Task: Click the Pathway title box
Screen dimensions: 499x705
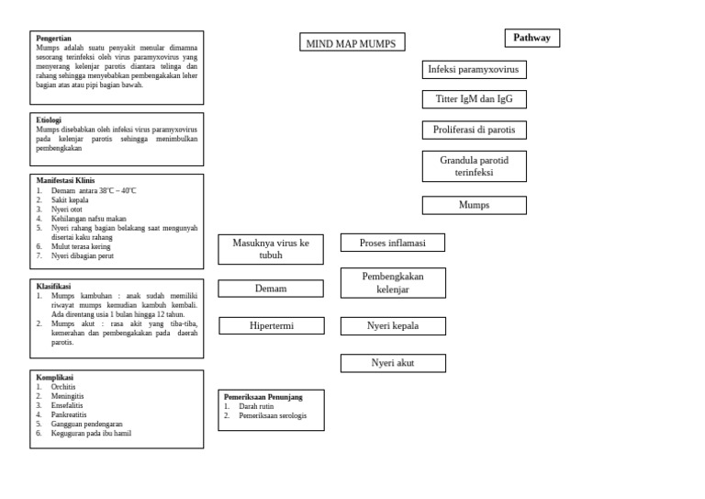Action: [532, 38]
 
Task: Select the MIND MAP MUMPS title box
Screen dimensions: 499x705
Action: [352, 42]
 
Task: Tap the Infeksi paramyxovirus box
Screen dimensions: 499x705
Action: [474, 70]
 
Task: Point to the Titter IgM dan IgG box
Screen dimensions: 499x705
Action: [474, 99]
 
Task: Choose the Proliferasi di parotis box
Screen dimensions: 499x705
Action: [474, 130]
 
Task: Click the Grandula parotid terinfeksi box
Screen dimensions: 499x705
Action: [474, 166]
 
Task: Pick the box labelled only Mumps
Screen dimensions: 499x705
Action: [474, 205]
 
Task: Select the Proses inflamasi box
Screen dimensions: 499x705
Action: [392, 243]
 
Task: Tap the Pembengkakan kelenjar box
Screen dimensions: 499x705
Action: [392, 283]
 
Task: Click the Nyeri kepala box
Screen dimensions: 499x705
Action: [392, 325]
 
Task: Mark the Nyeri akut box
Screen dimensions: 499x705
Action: [392, 363]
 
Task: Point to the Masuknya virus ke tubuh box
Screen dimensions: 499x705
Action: [271, 249]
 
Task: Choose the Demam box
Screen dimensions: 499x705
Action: [271, 289]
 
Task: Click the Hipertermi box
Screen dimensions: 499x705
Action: [271, 325]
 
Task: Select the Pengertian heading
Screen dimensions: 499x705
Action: [54, 39]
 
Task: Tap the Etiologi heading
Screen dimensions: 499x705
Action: [49, 120]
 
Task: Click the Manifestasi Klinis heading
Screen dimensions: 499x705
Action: [65, 181]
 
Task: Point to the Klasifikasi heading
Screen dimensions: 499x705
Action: [53, 287]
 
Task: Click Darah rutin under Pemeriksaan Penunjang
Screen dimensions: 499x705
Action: [257, 406]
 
